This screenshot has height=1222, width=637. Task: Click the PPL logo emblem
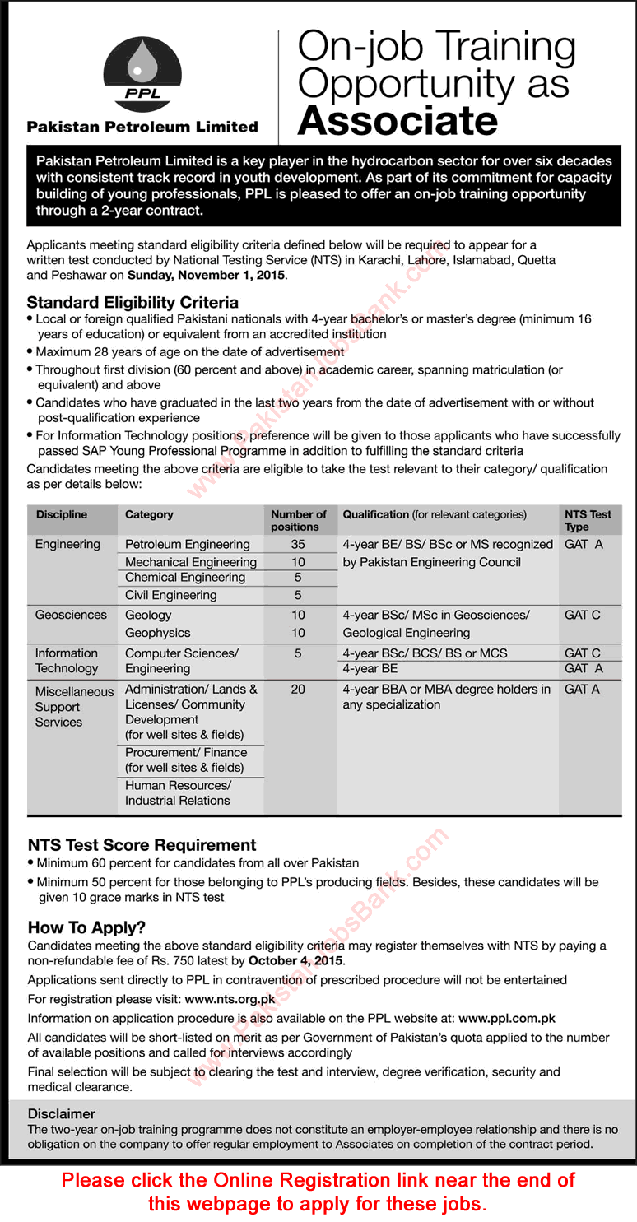[x=142, y=74]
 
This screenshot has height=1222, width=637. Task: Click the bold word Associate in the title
[x=398, y=121]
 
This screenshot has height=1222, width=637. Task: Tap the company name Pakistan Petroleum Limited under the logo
[x=142, y=127]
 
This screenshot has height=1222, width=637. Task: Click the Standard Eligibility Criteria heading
[x=133, y=302]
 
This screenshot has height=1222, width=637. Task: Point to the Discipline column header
[x=61, y=514]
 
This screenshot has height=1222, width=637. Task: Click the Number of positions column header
[x=298, y=520]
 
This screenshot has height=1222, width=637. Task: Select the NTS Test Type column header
[x=588, y=520]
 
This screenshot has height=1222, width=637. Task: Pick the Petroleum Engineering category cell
[x=187, y=544]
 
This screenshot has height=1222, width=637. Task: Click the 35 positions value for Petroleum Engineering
[x=298, y=544]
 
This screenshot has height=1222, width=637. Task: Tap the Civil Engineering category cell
[x=170, y=595]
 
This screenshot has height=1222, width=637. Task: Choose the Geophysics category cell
[x=157, y=633]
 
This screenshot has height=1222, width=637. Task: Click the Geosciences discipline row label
[x=71, y=615]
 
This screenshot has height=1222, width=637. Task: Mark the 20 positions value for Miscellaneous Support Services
[x=298, y=689]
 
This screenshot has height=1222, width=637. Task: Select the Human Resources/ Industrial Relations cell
[x=178, y=792]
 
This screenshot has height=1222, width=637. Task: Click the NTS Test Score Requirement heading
[x=142, y=845]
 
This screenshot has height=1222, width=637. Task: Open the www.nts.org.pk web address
[x=230, y=999]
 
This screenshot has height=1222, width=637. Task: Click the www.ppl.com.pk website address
[x=507, y=1018]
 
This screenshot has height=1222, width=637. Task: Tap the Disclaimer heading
[x=62, y=1113]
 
